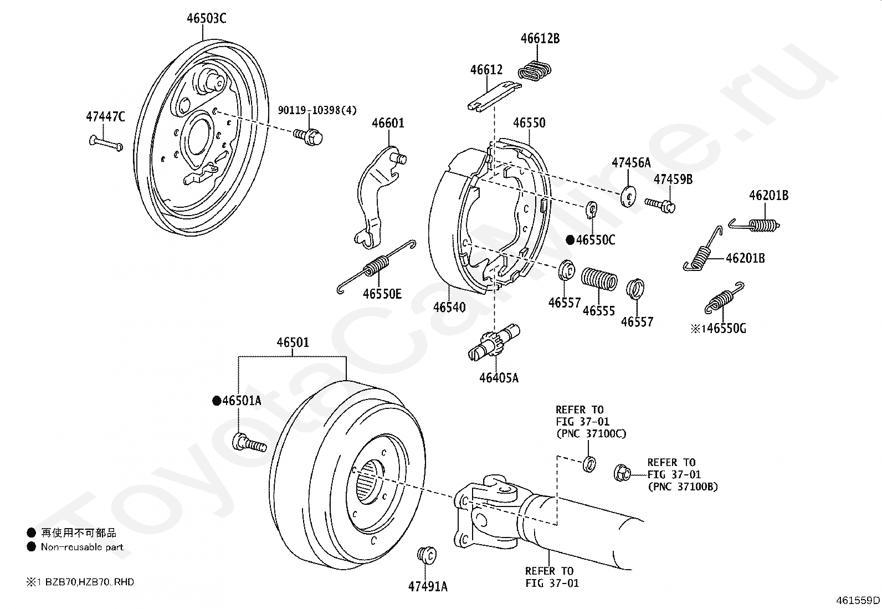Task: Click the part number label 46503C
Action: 206,18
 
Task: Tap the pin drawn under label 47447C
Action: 105,143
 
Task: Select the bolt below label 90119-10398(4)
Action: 309,134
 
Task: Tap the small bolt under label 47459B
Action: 661,205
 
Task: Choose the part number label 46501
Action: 293,342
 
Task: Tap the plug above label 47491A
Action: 426,555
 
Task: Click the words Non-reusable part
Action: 82,547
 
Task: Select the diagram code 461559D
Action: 858,600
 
